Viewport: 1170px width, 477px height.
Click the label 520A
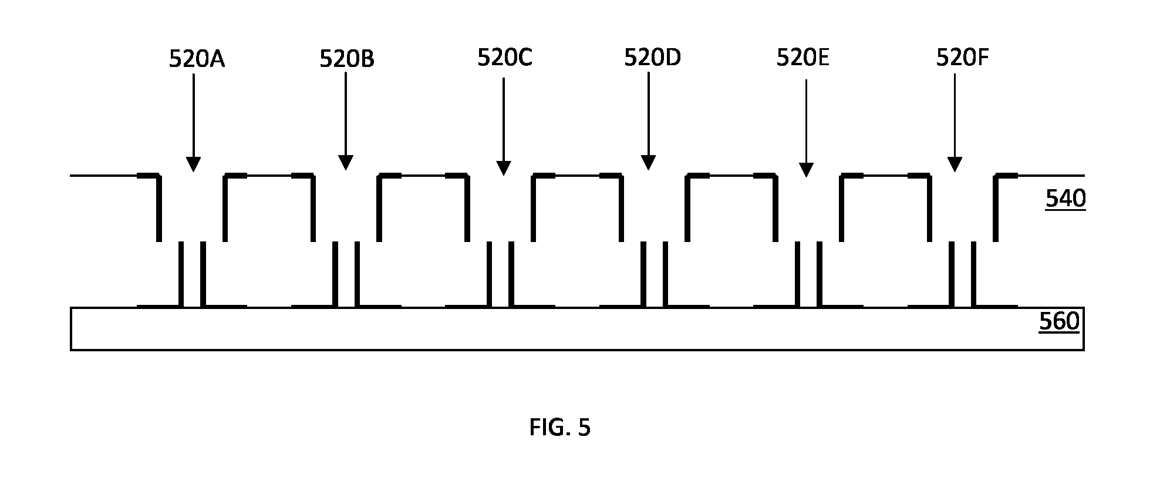click(197, 59)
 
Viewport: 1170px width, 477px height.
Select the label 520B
click(347, 59)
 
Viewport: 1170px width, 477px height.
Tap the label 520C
click(505, 58)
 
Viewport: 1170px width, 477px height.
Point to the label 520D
click(652, 58)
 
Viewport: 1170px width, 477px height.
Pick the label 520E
click(803, 58)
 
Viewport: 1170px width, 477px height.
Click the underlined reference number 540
click(1066, 199)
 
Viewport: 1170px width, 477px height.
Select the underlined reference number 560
click(1059, 322)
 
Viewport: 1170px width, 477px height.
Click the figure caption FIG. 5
click(559, 428)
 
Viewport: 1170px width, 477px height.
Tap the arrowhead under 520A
click(193, 164)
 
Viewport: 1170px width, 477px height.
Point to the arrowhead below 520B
click(346, 163)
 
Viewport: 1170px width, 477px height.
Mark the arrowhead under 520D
click(648, 163)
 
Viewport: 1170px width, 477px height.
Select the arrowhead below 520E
click(806, 170)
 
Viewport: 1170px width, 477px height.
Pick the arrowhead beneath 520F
click(955, 164)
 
